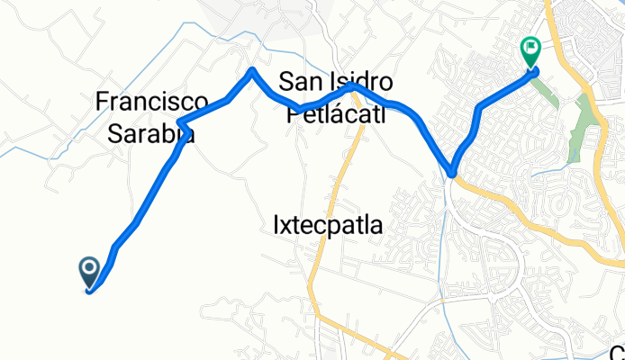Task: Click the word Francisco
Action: (x=152, y=102)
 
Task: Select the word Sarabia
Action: (x=151, y=134)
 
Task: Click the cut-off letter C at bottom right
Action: (x=617, y=352)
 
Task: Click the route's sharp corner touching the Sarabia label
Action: (x=181, y=122)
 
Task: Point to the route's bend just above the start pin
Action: (x=115, y=246)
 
